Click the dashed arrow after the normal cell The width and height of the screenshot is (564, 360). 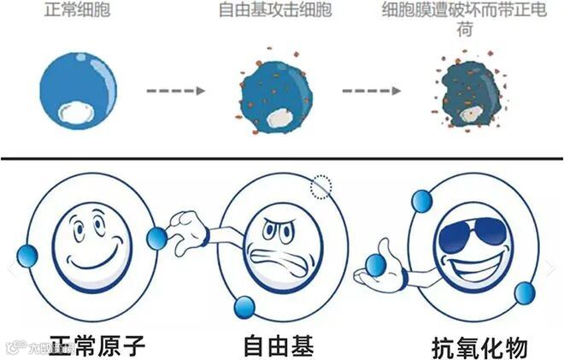174,89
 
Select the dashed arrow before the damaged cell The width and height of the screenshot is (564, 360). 371,89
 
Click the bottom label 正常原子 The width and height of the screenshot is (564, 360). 97,346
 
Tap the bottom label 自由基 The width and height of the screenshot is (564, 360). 279,346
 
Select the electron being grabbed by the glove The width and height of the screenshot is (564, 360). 156,238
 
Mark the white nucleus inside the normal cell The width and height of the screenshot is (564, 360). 77,112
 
